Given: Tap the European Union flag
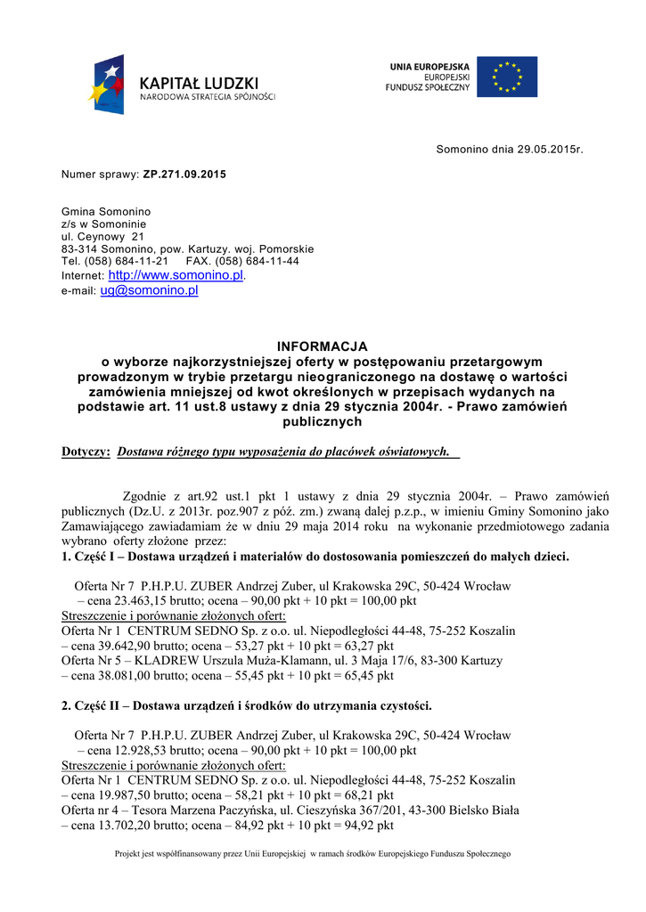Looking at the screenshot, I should [x=506, y=77].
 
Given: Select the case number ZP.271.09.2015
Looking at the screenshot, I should [x=184, y=174].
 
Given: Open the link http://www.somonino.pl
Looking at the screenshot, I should [x=176, y=276].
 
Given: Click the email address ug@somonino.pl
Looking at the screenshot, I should [x=149, y=290].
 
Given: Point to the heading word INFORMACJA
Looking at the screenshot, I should [x=322, y=346].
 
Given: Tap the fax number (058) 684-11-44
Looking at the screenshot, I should [x=258, y=261].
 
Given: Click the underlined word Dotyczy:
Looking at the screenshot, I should [x=86, y=452].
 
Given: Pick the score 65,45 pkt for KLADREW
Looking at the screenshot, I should [x=371, y=676].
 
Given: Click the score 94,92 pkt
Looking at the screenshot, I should [x=371, y=826].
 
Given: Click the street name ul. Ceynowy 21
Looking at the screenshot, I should [x=102, y=237].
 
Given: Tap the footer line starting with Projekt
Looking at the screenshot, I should [x=313, y=854].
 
